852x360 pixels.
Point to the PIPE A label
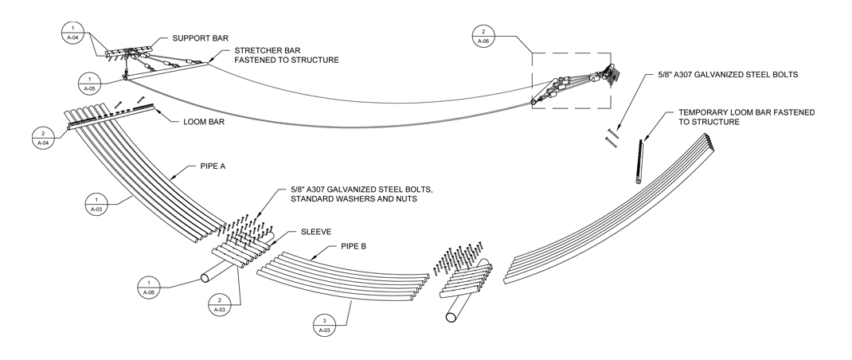[x=206, y=168]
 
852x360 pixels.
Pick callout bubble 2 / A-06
[x=483, y=35]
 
